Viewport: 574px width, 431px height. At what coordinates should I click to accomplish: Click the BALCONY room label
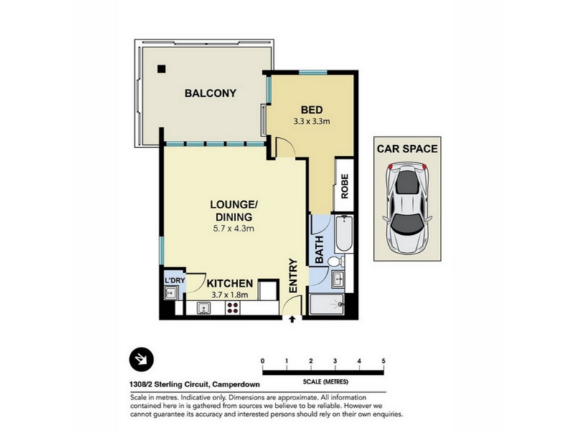point(210,93)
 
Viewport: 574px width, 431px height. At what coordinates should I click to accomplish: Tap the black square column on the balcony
point(161,68)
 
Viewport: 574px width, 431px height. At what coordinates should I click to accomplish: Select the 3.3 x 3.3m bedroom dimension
point(311,121)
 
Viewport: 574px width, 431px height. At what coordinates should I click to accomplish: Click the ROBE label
point(344,186)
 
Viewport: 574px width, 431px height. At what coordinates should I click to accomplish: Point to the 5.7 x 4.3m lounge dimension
point(234,228)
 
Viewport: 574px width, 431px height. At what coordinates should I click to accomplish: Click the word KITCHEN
point(230,283)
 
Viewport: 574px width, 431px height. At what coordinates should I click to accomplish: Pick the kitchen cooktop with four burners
point(232,308)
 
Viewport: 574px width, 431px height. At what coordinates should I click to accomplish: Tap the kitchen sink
point(204,308)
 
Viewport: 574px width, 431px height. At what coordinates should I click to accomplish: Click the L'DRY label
point(175,281)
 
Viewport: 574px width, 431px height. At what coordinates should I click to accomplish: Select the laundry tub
point(171,293)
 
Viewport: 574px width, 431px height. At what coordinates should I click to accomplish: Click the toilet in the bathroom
point(336,261)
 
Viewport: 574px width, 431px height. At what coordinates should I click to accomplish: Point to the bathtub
point(344,234)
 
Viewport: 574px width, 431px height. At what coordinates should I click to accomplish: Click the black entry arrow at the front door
point(292,319)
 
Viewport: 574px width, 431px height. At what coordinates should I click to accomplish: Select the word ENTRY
point(293,276)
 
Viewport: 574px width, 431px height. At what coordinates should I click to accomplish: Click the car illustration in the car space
point(407,208)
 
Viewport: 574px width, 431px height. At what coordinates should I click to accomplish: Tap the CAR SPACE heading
point(407,149)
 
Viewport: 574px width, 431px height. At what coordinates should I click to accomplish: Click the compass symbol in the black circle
point(141,360)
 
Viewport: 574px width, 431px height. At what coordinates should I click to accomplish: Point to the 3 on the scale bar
point(335,361)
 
